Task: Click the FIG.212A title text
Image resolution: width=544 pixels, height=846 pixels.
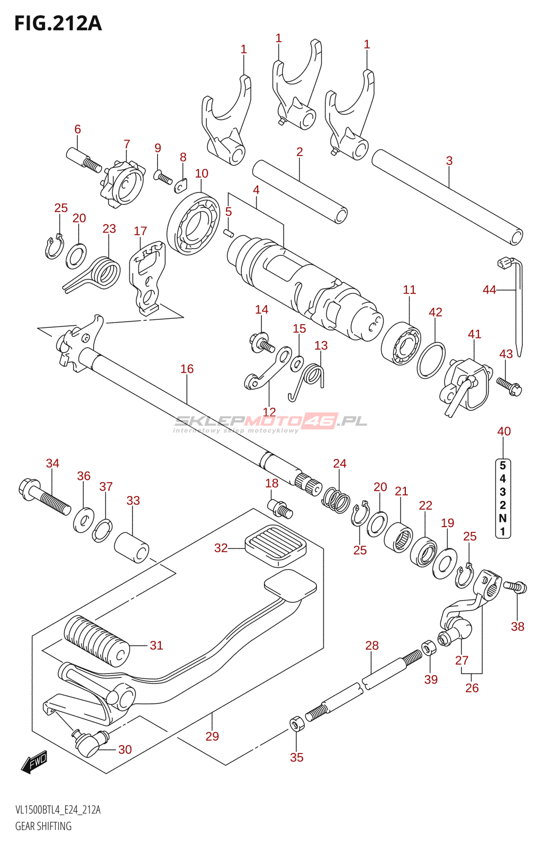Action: coord(58,24)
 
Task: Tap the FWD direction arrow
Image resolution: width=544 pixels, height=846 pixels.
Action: coord(35,762)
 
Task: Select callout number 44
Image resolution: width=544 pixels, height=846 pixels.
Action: coord(489,290)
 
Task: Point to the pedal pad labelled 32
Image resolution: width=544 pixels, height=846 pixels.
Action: coord(276,545)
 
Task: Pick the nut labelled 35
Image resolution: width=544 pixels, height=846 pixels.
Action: coord(296,723)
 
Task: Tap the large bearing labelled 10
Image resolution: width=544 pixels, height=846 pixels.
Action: coord(193,224)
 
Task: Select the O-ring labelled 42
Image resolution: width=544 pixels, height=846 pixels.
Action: coord(431,360)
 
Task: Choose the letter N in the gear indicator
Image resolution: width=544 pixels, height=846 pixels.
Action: coord(503,518)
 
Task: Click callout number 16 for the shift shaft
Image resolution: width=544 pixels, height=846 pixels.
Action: coord(187,369)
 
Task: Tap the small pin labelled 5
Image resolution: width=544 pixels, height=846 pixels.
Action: coord(229,232)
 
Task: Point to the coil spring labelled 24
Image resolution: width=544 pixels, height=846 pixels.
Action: coord(336,499)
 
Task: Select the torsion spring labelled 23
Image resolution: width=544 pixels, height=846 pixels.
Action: coord(105,273)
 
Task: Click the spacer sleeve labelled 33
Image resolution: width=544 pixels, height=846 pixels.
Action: coord(132,547)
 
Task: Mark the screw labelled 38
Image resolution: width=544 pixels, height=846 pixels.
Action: coord(515,586)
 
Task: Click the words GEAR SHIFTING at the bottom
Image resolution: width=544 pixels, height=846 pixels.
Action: coord(43,826)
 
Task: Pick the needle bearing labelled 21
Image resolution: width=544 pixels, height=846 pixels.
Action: coord(398,537)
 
